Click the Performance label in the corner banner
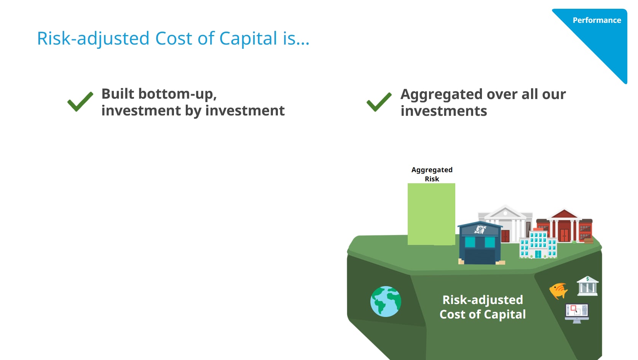(x=597, y=20)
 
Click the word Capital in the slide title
(x=248, y=38)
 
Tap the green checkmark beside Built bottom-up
(x=80, y=101)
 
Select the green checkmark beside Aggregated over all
(x=379, y=102)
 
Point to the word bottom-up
(x=177, y=94)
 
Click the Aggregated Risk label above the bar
(x=432, y=174)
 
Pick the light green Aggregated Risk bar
(x=431, y=214)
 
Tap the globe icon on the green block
(x=386, y=302)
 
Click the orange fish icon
(x=558, y=291)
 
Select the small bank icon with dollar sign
(x=587, y=286)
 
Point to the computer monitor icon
(x=577, y=313)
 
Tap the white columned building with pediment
(x=505, y=224)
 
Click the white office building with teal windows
(x=538, y=244)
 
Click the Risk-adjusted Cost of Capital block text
(x=482, y=307)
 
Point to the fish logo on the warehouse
(x=480, y=229)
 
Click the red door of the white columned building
(x=505, y=236)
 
